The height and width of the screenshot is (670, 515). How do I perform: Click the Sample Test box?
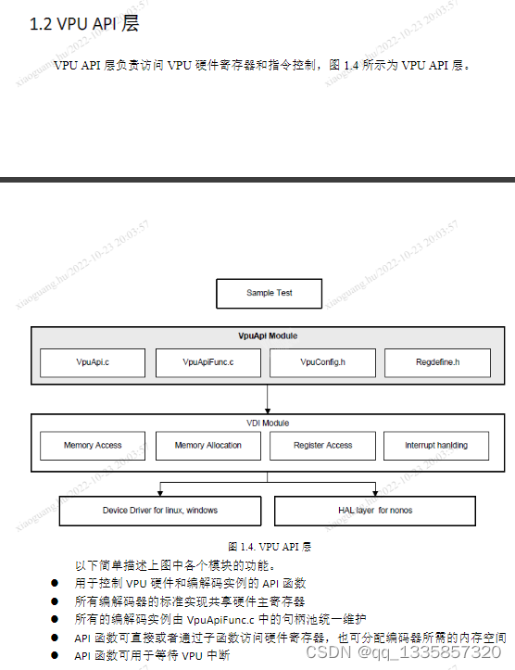point(269,293)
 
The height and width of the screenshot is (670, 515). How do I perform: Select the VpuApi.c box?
point(93,362)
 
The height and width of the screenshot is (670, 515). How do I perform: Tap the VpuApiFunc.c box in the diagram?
point(208,362)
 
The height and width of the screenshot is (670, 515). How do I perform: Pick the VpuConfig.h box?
point(323,362)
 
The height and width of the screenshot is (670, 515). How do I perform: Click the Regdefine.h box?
point(437,362)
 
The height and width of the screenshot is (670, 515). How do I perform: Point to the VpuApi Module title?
point(268,335)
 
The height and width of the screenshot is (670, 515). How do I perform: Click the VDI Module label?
point(268,423)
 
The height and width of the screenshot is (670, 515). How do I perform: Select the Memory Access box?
point(93,446)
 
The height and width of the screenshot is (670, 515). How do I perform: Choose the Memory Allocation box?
point(208,446)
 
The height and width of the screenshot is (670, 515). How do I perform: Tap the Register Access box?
point(323,446)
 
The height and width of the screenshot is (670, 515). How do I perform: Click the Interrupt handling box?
point(436,446)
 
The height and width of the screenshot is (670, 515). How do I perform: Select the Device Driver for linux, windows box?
point(160,511)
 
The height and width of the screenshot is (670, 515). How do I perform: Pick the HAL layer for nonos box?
point(375,511)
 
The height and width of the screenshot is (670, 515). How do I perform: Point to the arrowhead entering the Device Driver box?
point(161,493)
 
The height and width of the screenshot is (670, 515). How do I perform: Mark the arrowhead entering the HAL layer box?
point(375,493)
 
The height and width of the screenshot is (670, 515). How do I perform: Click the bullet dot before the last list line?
point(55,655)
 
